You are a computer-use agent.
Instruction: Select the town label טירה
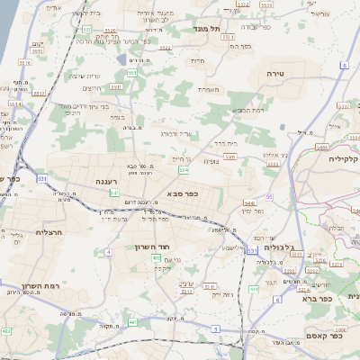click(x=274, y=70)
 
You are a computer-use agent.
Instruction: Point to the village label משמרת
click(x=211, y=89)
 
